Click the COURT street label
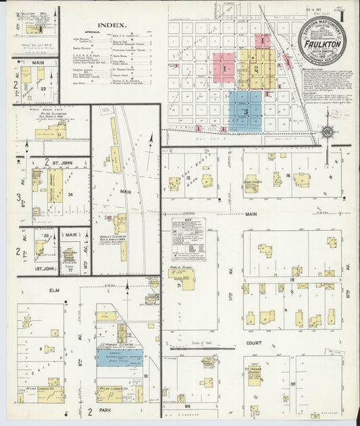click(253, 342)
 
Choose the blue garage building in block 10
click(120, 357)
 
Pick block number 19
click(292, 278)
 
